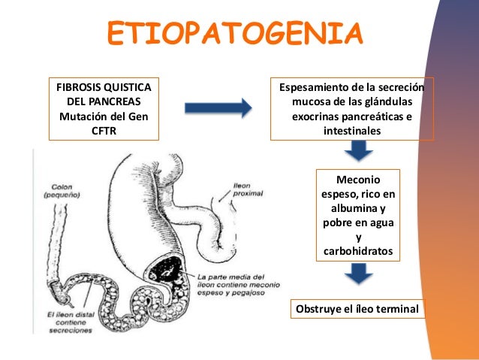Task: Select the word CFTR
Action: [x=104, y=132]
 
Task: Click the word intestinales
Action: [x=351, y=131]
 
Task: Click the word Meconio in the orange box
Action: [x=357, y=180]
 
